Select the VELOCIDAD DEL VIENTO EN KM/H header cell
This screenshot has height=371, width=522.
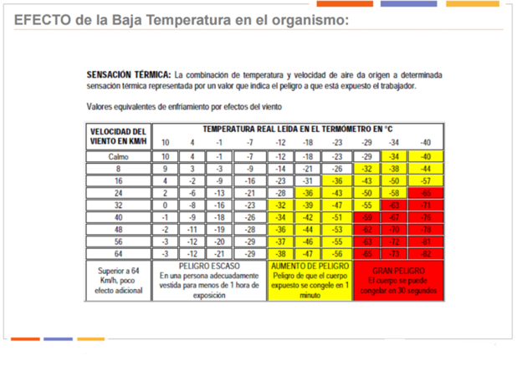click(118, 135)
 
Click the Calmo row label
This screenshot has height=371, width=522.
click(118, 156)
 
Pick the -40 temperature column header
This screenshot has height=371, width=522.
click(425, 142)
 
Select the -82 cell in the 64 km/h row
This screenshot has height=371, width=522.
click(425, 253)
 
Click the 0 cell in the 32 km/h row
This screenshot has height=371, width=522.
click(165, 205)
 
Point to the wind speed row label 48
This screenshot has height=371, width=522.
click(118, 229)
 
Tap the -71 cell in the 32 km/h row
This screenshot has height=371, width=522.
click(425, 205)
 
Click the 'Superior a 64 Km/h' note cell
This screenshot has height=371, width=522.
click(118, 282)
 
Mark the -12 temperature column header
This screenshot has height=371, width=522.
click(280, 142)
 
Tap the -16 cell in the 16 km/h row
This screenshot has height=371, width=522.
click(250, 180)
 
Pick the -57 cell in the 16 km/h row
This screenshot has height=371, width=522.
click(425, 180)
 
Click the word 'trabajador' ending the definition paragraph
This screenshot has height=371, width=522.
click(421, 86)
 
